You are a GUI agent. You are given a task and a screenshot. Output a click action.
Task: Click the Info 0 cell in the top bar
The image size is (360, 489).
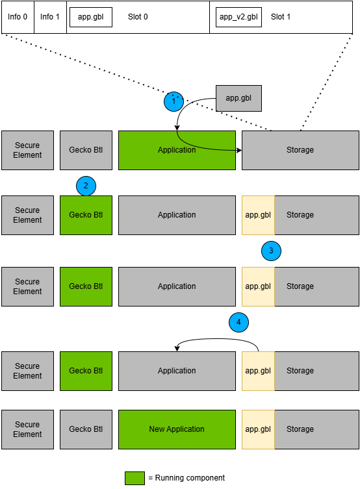(18, 17)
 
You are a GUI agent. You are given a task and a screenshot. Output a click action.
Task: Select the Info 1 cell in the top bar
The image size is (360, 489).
(50, 17)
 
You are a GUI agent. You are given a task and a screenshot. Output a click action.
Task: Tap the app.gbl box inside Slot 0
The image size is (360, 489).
(91, 17)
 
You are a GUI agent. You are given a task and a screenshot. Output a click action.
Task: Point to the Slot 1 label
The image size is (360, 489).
(281, 17)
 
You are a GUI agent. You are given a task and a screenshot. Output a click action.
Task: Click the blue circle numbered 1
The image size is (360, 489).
(174, 101)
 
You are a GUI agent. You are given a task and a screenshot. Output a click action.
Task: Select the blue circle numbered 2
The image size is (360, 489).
(86, 186)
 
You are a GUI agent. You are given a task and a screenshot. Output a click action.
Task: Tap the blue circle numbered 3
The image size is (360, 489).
(271, 251)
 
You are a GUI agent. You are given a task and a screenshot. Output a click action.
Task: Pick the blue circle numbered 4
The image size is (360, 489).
(238, 322)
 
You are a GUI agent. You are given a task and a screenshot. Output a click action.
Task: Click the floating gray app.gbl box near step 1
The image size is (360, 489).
(238, 98)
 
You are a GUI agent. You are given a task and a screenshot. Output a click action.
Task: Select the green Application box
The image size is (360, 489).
(177, 150)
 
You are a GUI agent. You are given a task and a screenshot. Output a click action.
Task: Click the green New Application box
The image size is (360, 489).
(177, 429)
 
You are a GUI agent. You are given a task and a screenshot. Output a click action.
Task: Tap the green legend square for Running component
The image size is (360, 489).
(135, 478)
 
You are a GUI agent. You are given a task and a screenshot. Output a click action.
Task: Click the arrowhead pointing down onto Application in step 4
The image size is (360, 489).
(177, 349)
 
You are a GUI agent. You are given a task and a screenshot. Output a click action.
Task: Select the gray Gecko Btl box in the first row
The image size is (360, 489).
(86, 150)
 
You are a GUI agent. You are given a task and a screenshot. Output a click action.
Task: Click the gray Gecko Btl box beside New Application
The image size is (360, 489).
(86, 429)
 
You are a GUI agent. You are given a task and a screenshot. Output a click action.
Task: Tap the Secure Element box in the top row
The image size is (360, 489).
(27, 150)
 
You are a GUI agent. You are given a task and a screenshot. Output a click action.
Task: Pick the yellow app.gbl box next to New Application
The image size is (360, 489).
(258, 429)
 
